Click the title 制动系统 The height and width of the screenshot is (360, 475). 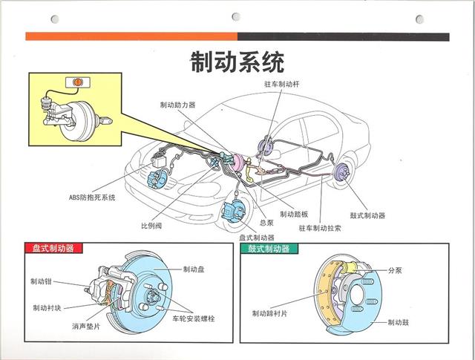(x=237, y=61)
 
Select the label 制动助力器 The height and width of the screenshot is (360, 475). (x=177, y=105)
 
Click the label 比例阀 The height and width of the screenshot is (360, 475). (x=151, y=224)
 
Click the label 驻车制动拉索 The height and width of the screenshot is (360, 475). (x=321, y=229)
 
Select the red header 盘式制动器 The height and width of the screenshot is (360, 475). (x=53, y=249)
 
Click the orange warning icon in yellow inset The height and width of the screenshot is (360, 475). (x=76, y=82)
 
